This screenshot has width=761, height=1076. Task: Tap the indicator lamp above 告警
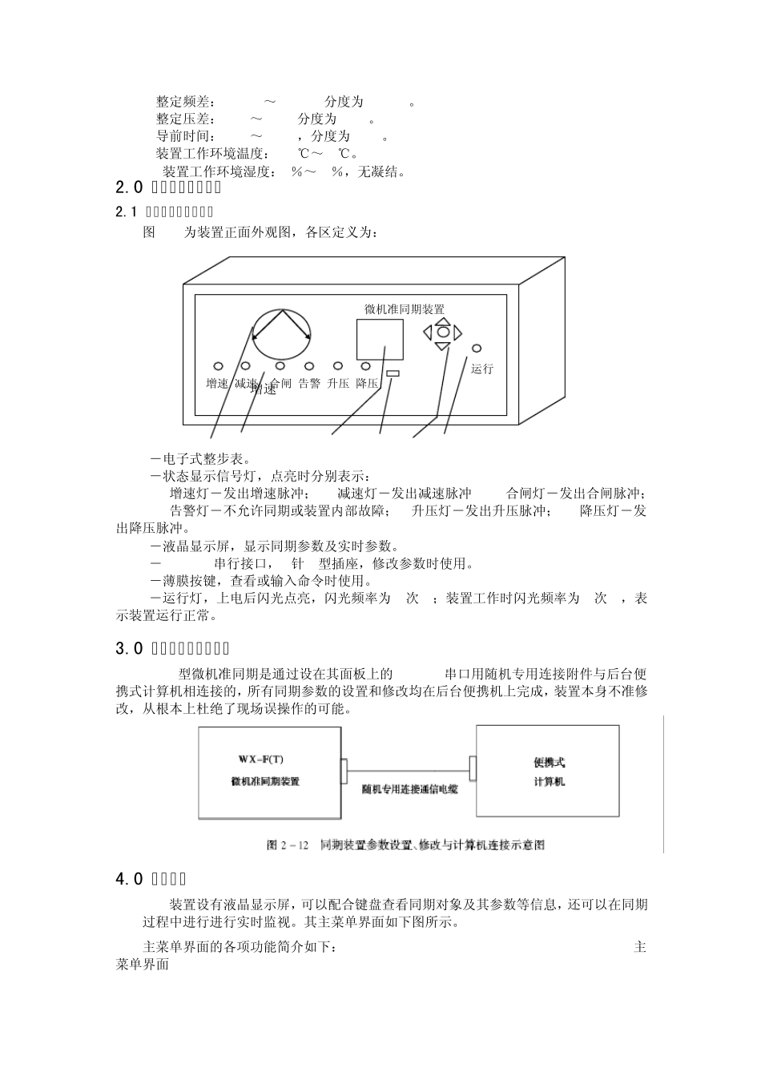(308, 365)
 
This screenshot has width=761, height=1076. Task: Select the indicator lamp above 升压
(338, 365)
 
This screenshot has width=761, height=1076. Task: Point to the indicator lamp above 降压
(366, 365)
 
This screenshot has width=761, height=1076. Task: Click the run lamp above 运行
(477, 349)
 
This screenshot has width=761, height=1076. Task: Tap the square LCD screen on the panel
(380, 340)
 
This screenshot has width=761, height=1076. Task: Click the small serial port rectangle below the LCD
(393, 374)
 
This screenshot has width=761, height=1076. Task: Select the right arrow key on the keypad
(457, 331)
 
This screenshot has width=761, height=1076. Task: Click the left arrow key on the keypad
(428, 331)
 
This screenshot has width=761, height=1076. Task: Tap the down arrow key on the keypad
(442, 346)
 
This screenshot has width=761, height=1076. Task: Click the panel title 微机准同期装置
(405, 309)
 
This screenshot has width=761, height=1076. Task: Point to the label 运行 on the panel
(482, 369)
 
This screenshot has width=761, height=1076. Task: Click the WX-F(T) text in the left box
(260, 759)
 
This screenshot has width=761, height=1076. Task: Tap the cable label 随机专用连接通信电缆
(409, 789)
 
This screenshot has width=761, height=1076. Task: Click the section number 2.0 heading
(129, 188)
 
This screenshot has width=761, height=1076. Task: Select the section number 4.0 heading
(129, 879)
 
